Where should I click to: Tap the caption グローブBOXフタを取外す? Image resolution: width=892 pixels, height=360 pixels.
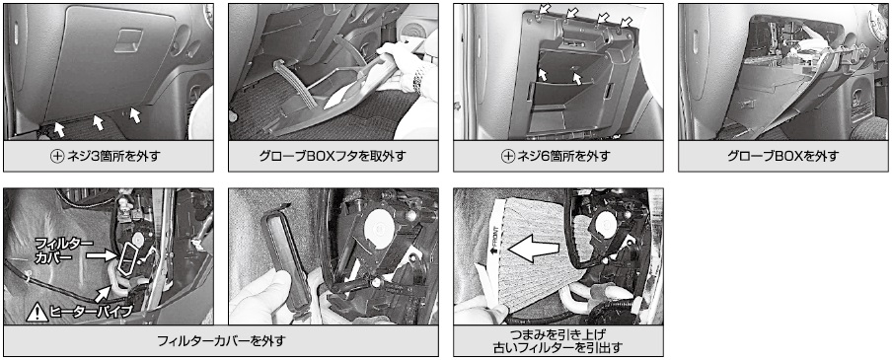[x=334, y=156]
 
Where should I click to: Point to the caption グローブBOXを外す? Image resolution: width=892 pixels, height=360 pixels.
[x=782, y=156]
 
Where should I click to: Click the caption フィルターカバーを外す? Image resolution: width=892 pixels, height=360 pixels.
[x=221, y=341]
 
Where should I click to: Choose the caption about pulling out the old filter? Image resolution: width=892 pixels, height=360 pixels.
[x=558, y=340]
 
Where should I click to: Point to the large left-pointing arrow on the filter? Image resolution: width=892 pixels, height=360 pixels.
[x=534, y=250]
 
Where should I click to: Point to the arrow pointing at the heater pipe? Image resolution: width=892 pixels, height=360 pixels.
[x=106, y=292]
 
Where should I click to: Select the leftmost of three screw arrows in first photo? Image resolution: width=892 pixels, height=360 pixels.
[x=58, y=128]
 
